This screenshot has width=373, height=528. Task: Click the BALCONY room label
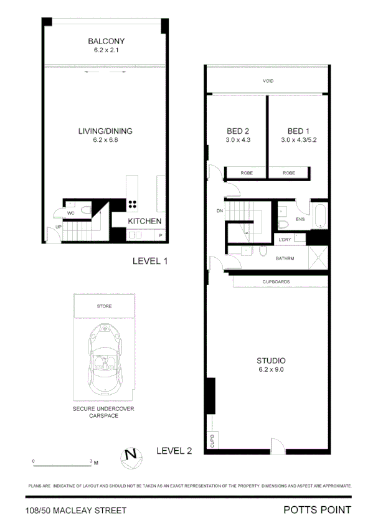[105, 42]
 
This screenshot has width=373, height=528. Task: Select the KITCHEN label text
[145, 221]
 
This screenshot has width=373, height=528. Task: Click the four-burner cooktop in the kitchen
[133, 204]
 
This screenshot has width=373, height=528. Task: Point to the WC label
[71, 213]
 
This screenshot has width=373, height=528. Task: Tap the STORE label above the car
[104, 307]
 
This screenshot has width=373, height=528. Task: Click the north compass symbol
[131, 455]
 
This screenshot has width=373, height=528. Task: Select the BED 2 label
[237, 131]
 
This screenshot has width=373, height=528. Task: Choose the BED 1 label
[298, 131]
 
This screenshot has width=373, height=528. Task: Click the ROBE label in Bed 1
[288, 173]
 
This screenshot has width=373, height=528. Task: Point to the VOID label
[268, 82]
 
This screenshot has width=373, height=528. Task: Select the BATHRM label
[283, 258]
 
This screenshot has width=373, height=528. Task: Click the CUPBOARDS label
[276, 282]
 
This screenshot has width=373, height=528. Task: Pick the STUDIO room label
[271, 361]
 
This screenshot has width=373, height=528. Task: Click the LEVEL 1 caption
[150, 262]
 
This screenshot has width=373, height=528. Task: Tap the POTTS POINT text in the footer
[317, 511]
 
